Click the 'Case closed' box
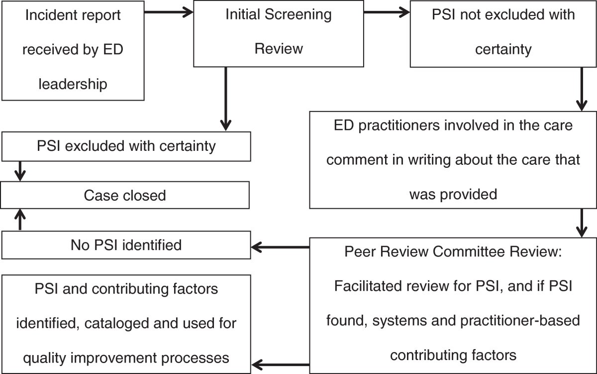[x=125, y=195]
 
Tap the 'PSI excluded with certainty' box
[x=125, y=146]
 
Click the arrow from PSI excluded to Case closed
[x=20, y=170]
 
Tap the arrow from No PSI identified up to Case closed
[x=20, y=220]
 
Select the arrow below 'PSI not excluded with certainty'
[x=581, y=89]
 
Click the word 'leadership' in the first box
[x=73, y=84]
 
